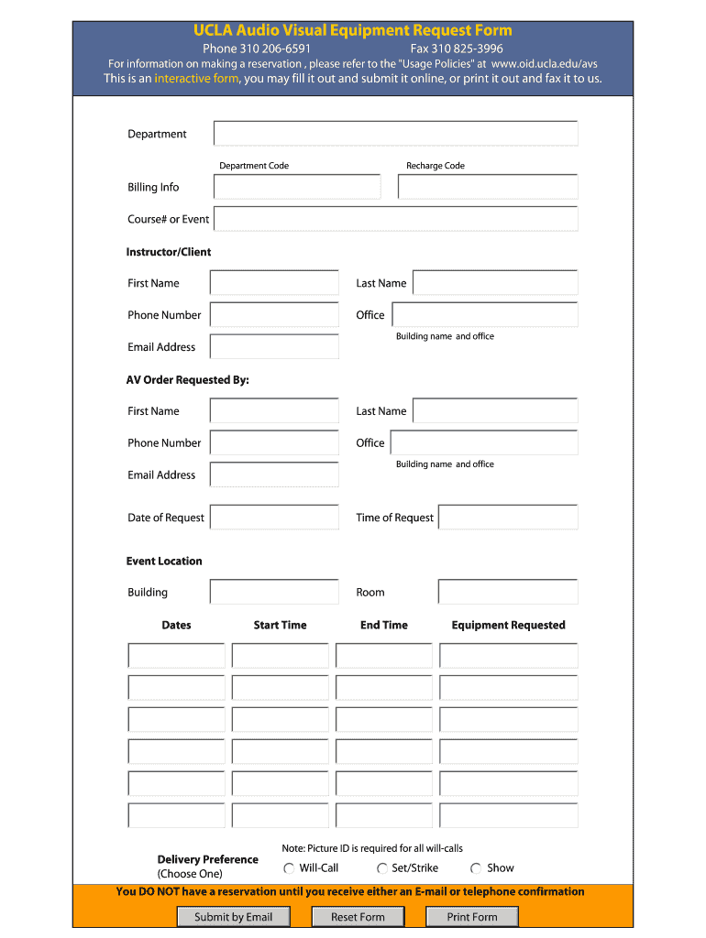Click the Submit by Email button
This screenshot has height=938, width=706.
(233, 917)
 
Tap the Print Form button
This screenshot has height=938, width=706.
(471, 917)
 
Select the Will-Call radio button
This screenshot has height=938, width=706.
(289, 868)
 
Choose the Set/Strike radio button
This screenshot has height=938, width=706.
(381, 868)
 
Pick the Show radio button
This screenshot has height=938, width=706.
(476, 868)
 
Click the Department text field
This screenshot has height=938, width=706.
(395, 134)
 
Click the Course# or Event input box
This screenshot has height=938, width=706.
(395, 219)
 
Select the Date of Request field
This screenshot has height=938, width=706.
(274, 518)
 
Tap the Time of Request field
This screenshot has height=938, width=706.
(508, 518)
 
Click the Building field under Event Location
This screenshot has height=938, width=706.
(274, 592)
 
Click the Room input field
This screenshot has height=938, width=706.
(508, 592)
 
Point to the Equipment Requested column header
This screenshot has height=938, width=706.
(508, 626)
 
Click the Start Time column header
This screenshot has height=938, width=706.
(280, 626)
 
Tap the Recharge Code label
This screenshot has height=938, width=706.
(436, 166)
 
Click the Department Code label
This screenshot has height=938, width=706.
(254, 166)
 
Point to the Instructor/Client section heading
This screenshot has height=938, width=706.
(169, 252)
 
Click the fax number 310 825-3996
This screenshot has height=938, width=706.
(457, 49)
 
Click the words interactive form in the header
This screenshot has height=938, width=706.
(196, 79)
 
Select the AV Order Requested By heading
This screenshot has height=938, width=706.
(187, 380)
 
